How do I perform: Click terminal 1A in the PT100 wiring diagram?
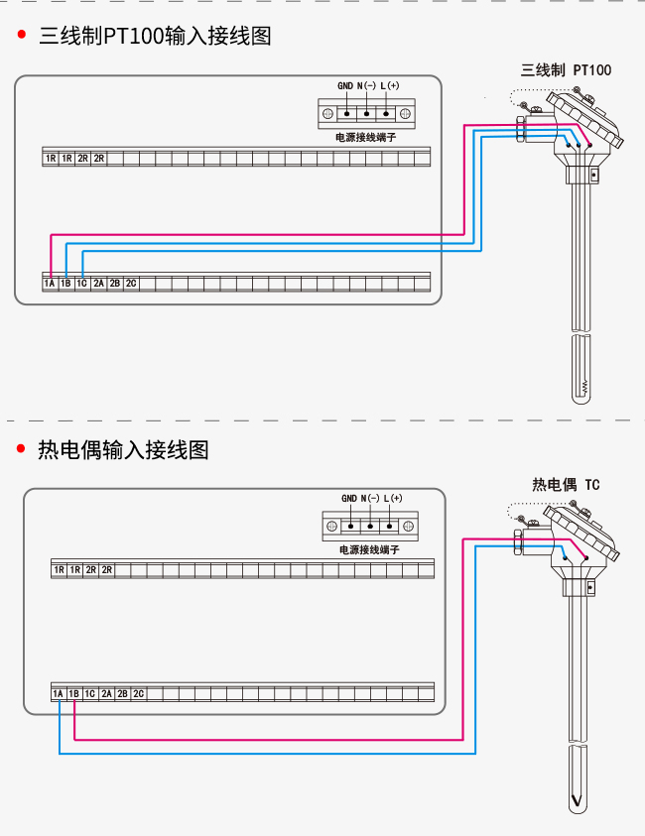[x=50, y=283]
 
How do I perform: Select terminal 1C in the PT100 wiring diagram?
[x=81, y=283]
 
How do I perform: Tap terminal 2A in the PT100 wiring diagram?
[x=98, y=283]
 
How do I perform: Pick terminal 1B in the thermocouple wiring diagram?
[x=74, y=693]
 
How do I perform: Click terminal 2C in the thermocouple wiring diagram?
[x=138, y=693]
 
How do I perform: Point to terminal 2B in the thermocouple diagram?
[x=122, y=693]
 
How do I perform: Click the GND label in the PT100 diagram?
[x=345, y=85]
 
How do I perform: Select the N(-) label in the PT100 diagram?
[x=366, y=85]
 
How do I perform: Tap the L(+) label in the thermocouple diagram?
[x=393, y=498]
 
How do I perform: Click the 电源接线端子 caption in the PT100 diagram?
[x=366, y=137]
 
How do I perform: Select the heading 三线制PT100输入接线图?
[x=155, y=36]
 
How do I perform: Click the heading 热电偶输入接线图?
[x=123, y=449]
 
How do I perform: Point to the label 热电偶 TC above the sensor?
[x=566, y=485]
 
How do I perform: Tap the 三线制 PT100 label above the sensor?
[x=566, y=69]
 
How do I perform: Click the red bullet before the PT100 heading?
[x=22, y=35]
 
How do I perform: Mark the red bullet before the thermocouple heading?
[x=21, y=448]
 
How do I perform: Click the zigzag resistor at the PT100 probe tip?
[x=584, y=387]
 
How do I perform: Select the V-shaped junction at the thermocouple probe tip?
[x=577, y=801]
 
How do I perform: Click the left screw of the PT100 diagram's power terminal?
[x=328, y=114]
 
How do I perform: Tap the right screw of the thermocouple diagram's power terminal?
[x=408, y=527]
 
